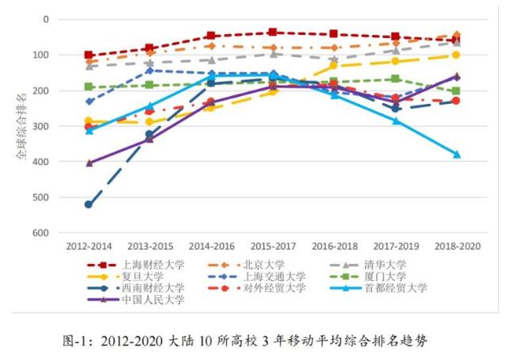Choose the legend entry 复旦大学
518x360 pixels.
click(x=144, y=276)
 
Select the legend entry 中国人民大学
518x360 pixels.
click(x=154, y=300)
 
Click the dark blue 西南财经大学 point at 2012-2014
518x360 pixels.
click(x=89, y=205)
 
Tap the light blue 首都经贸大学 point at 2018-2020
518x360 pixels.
click(x=457, y=155)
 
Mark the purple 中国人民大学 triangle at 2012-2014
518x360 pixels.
click(x=89, y=163)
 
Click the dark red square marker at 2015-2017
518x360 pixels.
click(x=272, y=33)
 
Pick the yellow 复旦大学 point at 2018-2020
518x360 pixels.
click(x=456, y=55)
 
